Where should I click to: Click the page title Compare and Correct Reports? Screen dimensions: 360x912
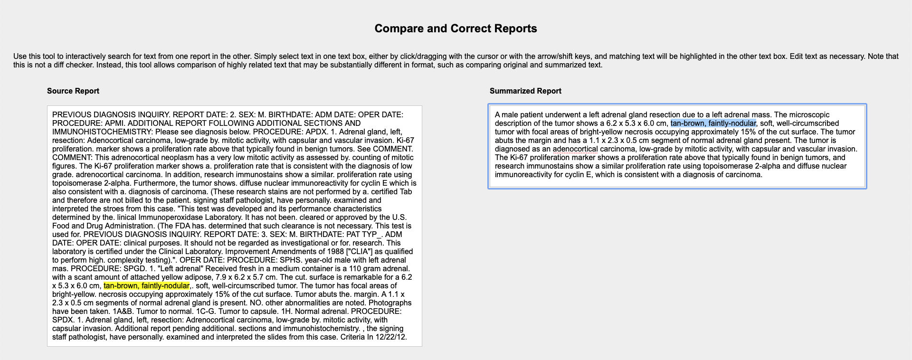coord(456,28)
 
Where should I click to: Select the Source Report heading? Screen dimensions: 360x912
coord(73,91)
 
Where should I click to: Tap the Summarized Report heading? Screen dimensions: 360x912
coord(525,91)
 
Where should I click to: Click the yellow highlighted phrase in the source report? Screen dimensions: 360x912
coord(146,286)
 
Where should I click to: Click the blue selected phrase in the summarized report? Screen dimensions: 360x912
coord(712,123)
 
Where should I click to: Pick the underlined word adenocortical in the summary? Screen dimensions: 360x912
coord(575,149)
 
